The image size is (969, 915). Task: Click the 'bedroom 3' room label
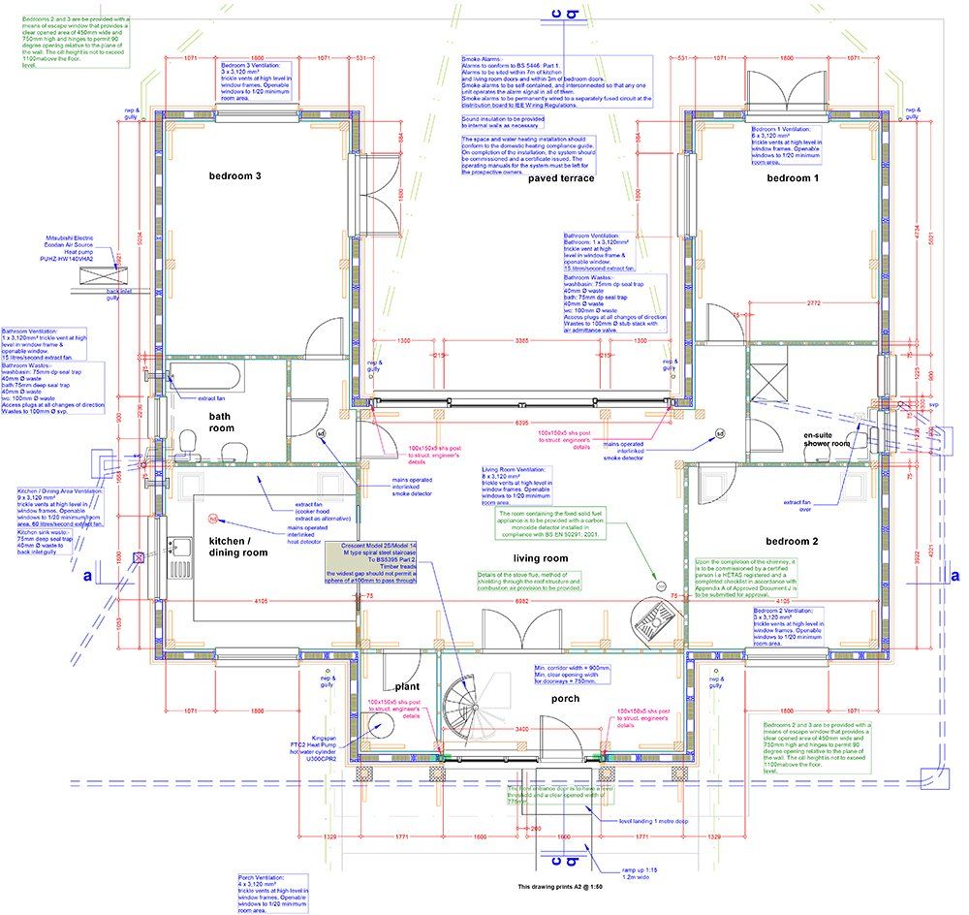click(236, 175)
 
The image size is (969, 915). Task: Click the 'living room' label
click(541, 558)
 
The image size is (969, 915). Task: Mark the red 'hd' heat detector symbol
click(213, 519)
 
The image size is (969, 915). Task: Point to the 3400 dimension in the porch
click(520, 728)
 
